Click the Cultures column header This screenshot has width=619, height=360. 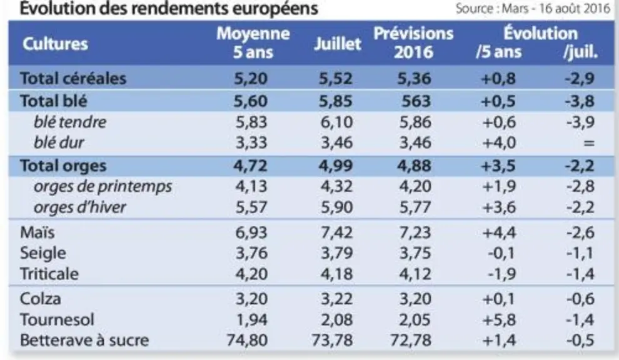pos(55,44)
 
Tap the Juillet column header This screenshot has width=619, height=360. pos(338,44)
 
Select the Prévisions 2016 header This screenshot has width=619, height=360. pos(413,42)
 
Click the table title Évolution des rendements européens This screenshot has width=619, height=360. pos(169,8)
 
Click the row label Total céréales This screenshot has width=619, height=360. pos(73,78)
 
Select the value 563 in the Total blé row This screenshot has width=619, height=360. pos(416,101)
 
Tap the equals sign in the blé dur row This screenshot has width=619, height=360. pos(588,143)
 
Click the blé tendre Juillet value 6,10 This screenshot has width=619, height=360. pos(336,122)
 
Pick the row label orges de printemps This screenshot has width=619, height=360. pos(103,187)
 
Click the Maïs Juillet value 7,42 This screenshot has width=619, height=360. pos(336,232)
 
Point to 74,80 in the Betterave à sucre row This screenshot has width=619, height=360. pos(247,340)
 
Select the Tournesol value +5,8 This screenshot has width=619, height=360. pos(499,319)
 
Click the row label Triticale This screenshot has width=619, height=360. pos(49,274)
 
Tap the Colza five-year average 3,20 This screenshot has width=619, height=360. pos(251,299)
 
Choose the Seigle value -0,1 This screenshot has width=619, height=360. pos(501,253)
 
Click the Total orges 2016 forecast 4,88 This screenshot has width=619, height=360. pos(414,166)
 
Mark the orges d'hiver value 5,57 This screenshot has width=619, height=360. pos(251,207)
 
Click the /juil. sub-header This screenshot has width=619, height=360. pos(580,52)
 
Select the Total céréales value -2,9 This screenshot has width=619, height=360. pos(580,78)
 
